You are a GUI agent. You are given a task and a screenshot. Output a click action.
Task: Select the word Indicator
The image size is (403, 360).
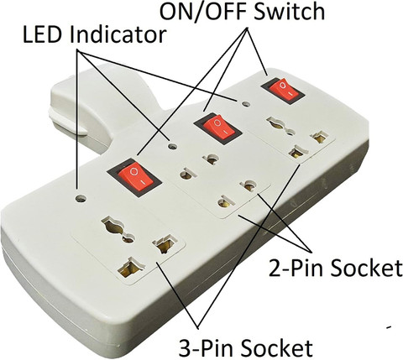pos(118,34)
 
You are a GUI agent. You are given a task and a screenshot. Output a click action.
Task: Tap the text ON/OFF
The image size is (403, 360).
pos(202,11)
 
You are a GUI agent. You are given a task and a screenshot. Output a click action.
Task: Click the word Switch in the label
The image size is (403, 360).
pos(289,11)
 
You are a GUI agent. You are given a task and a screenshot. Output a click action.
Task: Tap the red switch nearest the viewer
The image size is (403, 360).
pos(135,177)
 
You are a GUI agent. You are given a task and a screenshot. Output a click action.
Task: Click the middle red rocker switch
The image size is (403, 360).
pos(218,128)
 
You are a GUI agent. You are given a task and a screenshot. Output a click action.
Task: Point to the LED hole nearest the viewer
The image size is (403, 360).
pos(81,199)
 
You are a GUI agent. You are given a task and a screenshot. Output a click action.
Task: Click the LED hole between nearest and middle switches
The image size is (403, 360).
pos(172,146)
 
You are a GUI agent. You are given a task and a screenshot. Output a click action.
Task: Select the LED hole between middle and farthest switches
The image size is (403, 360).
pos(246,104)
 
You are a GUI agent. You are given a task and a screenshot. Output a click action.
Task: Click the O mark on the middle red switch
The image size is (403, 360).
pos(217,123)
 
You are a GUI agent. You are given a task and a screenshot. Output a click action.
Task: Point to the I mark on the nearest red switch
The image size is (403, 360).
pos(143,182)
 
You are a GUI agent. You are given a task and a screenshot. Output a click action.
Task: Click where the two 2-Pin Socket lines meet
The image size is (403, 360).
pos(308,249)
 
